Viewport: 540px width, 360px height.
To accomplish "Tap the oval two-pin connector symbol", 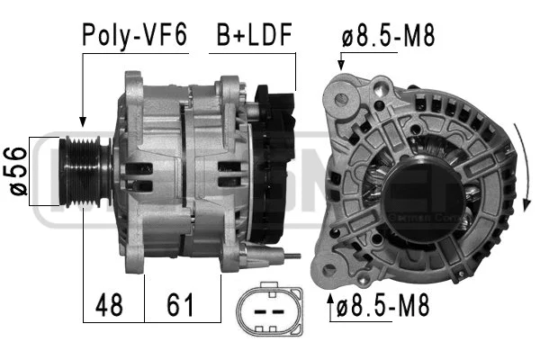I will point(267,310).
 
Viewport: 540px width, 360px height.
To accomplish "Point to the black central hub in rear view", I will point(421,184).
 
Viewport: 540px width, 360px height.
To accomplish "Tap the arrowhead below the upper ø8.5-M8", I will point(340,65).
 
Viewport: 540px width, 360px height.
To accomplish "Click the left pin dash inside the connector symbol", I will point(260,311).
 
